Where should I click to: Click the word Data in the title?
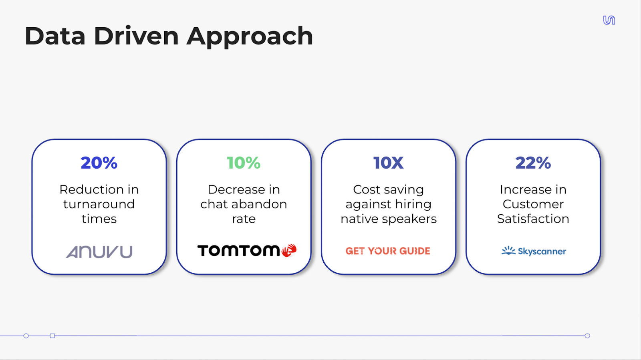55,36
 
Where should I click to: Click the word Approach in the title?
250,37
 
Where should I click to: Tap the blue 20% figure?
99,163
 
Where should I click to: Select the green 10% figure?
244,163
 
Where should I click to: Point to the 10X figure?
388,163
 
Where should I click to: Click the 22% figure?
533,163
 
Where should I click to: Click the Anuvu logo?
99,252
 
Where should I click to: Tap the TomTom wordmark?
238,251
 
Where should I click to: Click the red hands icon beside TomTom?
289,251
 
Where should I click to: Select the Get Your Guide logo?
388,251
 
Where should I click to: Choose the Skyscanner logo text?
542,251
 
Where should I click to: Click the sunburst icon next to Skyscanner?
508,251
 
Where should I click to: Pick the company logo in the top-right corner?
609,20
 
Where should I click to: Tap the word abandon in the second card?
259,204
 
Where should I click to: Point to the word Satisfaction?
533,219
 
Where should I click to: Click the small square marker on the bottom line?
52,336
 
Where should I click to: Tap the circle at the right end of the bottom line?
587,336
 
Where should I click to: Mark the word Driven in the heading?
136,36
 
